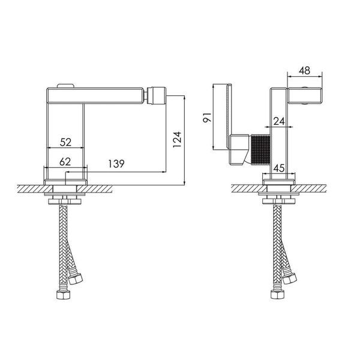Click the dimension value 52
65,142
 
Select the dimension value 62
65,162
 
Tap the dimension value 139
116,163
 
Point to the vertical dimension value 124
177,139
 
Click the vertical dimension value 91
208,118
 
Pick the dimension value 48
304,70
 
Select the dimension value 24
279,121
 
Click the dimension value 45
279,168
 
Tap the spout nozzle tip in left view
157,95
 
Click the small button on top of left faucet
65,86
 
